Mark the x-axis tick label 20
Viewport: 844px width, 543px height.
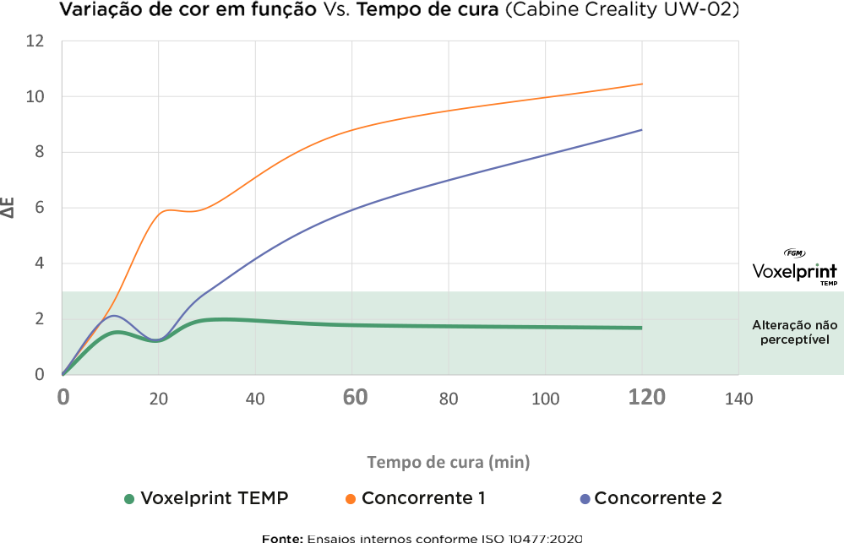point(159,399)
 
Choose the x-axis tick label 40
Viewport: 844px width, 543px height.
point(255,399)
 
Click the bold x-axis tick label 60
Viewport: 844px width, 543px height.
point(355,397)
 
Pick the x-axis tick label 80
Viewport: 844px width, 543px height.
point(449,399)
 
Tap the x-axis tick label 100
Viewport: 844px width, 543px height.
point(546,399)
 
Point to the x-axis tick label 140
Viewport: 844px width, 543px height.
point(739,399)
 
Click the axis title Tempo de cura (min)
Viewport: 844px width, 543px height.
point(449,462)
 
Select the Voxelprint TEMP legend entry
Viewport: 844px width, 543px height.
point(206,498)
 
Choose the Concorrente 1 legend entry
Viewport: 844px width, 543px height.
point(416,498)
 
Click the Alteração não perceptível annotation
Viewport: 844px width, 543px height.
point(792,332)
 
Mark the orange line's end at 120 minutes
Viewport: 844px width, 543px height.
point(642,84)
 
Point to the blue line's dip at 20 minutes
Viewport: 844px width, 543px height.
point(158,340)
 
